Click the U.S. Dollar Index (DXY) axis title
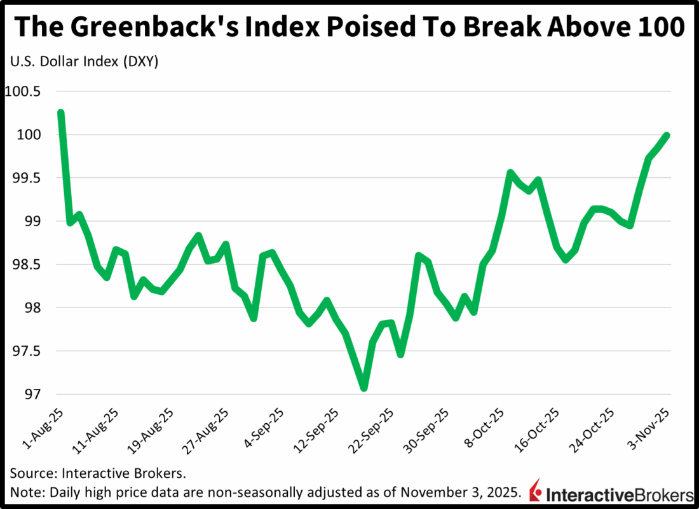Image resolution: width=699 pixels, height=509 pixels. point(83,62)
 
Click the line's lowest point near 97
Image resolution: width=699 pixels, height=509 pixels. point(363,388)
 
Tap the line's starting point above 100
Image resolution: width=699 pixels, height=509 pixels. point(61,113)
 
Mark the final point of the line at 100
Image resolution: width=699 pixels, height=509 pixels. point(667,135)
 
